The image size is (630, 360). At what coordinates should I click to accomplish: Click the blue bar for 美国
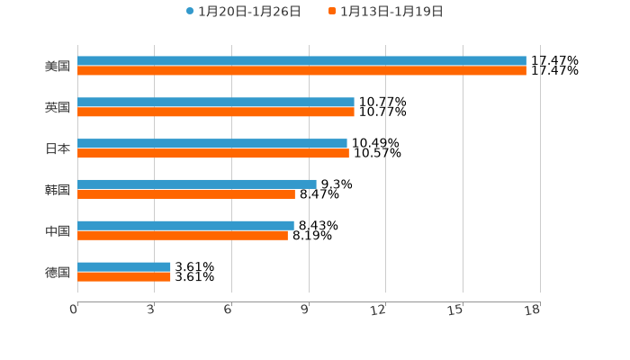(x=301, y=61)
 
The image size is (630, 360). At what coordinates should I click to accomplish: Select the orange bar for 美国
(x=301, y=70)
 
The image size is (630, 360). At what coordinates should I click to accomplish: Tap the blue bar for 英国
(x=216, y=103)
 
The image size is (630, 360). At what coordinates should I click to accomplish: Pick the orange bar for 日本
(x=213, y=153)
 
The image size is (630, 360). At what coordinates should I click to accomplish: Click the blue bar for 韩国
(x=197, y=184)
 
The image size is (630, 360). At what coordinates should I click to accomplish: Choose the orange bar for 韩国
(x=186, y=193)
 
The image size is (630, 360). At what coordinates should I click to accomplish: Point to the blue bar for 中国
(x=185, y=226)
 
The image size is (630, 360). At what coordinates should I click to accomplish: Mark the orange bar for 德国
(x=124, y=276)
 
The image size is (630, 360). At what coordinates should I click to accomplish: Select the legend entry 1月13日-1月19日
(x=391, y=12)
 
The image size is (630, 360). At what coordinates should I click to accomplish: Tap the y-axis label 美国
(x=58, y=66)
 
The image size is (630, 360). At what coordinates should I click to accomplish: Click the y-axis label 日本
(x=58, y=148)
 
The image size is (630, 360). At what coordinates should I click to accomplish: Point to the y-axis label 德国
(x=58, y=272)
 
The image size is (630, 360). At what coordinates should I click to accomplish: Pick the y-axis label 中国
(x=58, y=230)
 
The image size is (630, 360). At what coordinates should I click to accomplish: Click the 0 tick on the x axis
(x=75, y=310)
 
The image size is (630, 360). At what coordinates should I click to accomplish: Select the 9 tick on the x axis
(x=305, y=310)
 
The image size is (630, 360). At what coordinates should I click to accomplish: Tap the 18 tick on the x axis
(x=533, y=310)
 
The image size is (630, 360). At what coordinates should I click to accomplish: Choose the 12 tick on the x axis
(x=379, y=310)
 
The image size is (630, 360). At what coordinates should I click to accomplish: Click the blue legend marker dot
(x=190, y=12)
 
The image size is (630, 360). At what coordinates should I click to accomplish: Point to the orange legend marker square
(x=332, y=12)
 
